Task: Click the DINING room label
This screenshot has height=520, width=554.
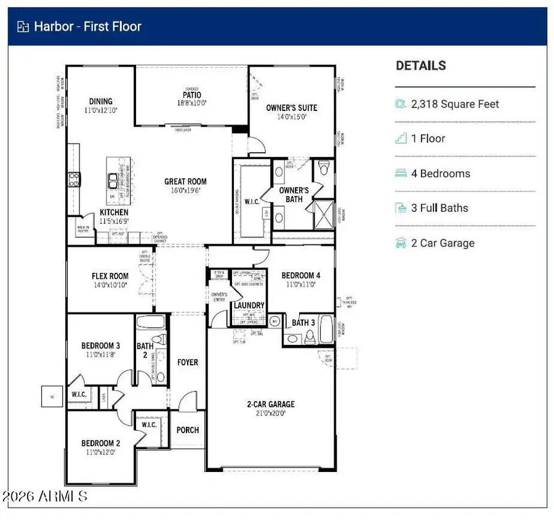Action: (100, 102)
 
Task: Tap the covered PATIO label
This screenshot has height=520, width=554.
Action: (191, 95)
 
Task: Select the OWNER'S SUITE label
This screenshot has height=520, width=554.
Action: (291, 108)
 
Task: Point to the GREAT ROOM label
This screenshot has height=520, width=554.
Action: (185, 182)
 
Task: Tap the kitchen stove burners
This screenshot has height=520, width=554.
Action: (73, 179)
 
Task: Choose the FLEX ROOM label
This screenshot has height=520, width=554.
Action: (110, 276)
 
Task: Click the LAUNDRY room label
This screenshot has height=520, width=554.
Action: (249, 306)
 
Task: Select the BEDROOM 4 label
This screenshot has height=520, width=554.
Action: (300, 275)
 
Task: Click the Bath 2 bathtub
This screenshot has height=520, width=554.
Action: (150, 322)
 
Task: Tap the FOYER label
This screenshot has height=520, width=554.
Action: (188, 362)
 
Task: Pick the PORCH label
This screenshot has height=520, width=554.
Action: (188, 429)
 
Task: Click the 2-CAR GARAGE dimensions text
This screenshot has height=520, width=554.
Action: (271, 414)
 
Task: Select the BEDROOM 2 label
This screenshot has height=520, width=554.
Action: (100, 443)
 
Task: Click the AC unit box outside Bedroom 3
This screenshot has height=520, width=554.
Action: (52, 396)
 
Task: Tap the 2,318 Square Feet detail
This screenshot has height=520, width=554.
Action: (455, 104)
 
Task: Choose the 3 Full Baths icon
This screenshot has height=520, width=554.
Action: (401, 208)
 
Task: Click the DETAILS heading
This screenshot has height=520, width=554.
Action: (420, 65)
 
